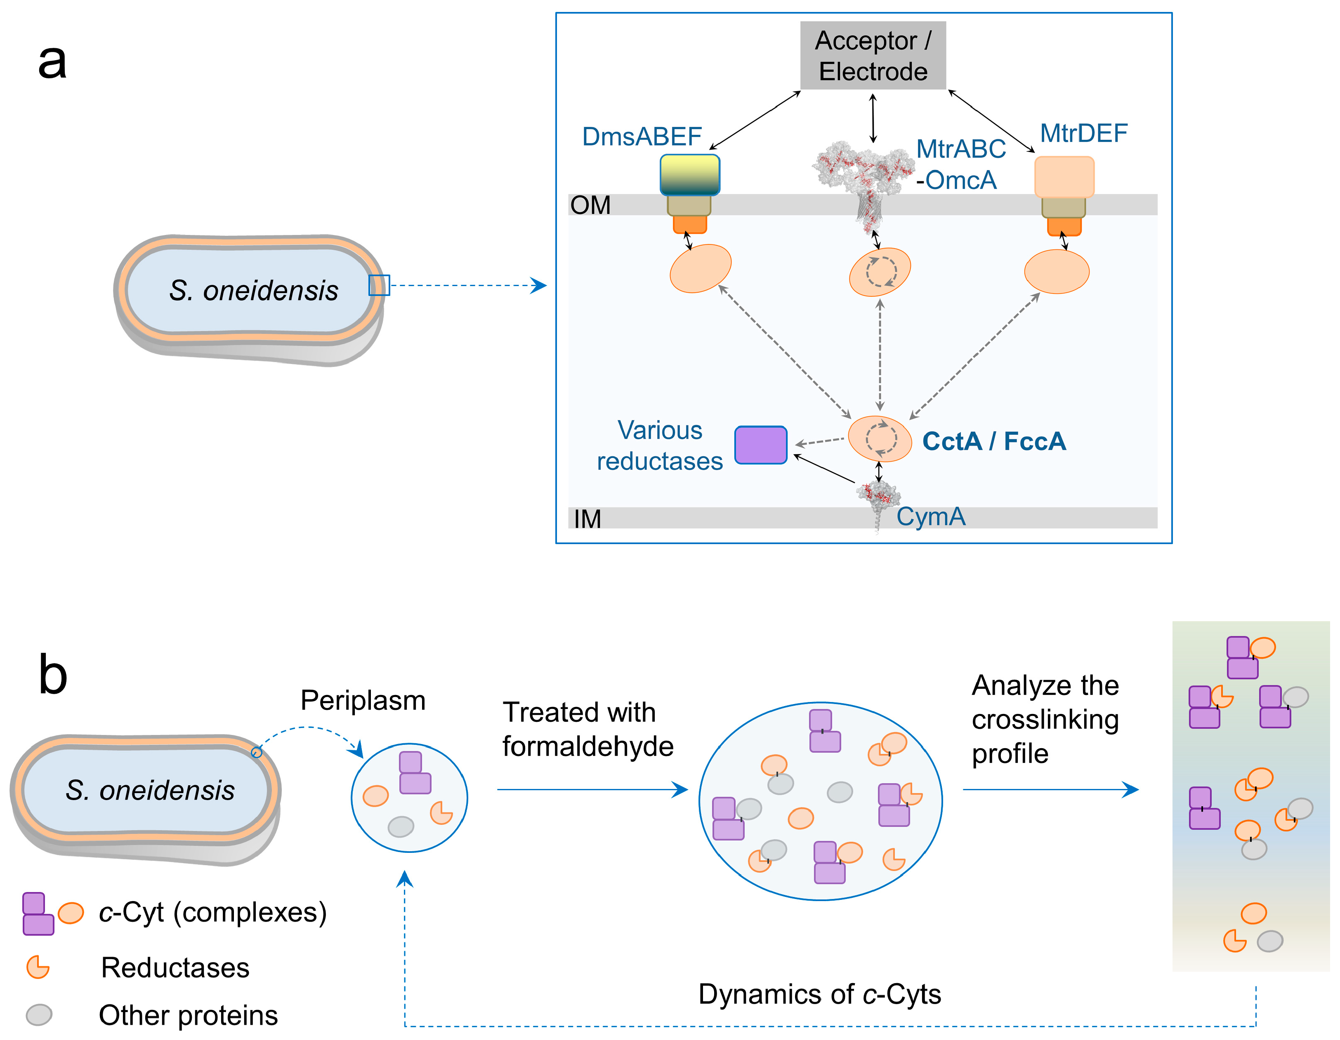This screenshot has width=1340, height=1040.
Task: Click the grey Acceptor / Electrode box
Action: [x=873, y=55]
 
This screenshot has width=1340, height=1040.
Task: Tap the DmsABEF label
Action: [x=642, y=136]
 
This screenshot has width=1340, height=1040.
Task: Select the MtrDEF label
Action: [x=1083, y=133]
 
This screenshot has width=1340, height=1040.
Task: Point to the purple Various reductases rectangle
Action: [x=761, y=445]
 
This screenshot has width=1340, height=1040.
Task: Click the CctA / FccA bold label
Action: [x=994, y=441]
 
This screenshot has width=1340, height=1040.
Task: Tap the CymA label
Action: [x=931, y=516]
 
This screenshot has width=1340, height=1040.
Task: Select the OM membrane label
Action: [x=590, y=205]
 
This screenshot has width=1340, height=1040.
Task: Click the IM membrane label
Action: [x=587, y=519]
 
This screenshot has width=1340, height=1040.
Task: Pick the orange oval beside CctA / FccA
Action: [x=880, y=439]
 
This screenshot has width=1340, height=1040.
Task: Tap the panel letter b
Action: [x=53, y=674]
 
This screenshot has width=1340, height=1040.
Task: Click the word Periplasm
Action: [x=363, y=700]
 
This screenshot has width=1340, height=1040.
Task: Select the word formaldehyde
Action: [x=588, y=746]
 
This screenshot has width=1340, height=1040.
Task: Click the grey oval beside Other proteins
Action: [x=39, y=1015]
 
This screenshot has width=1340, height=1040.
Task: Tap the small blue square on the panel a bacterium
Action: [x=379, y=285]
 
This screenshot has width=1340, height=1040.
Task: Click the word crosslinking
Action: [x=1045, y=720]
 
